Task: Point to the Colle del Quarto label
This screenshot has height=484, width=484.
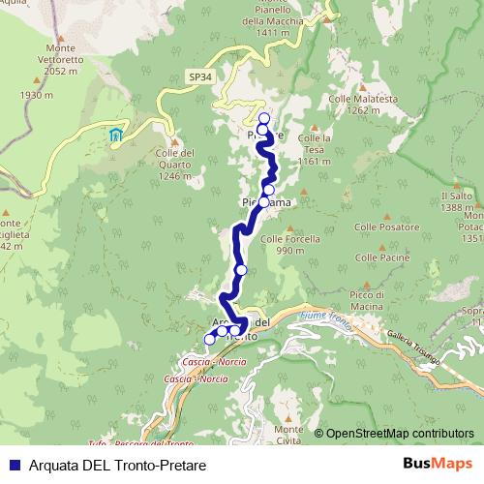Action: click(175, 164)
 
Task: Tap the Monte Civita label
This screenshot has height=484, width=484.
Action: click(289, 436)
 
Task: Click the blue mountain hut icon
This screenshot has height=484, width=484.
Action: click(116, 135)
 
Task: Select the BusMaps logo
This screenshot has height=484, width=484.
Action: click(442, 464)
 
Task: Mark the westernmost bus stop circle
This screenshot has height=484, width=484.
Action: click(209, 339)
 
